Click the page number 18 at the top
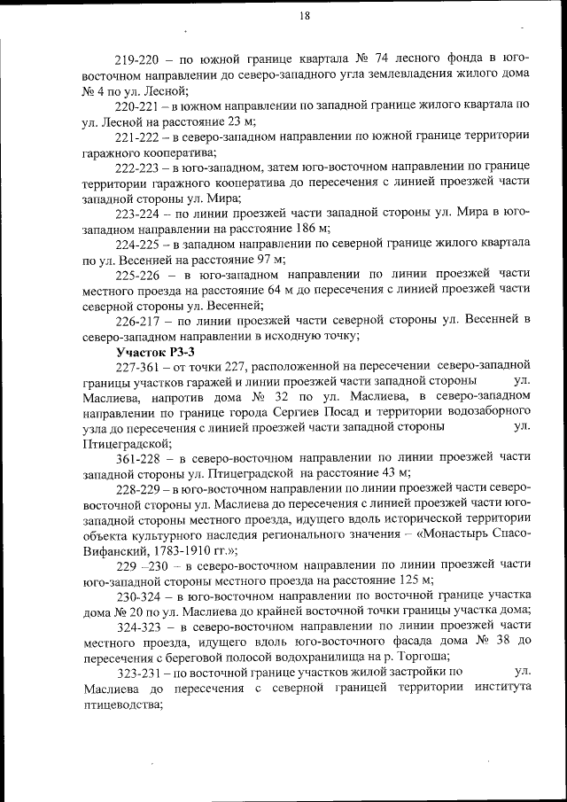(304, 16)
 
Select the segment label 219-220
(137, 59)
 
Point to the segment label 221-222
(137, 136)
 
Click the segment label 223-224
(137, 213)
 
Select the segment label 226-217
(137, 320)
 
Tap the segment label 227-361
(137, 366)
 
